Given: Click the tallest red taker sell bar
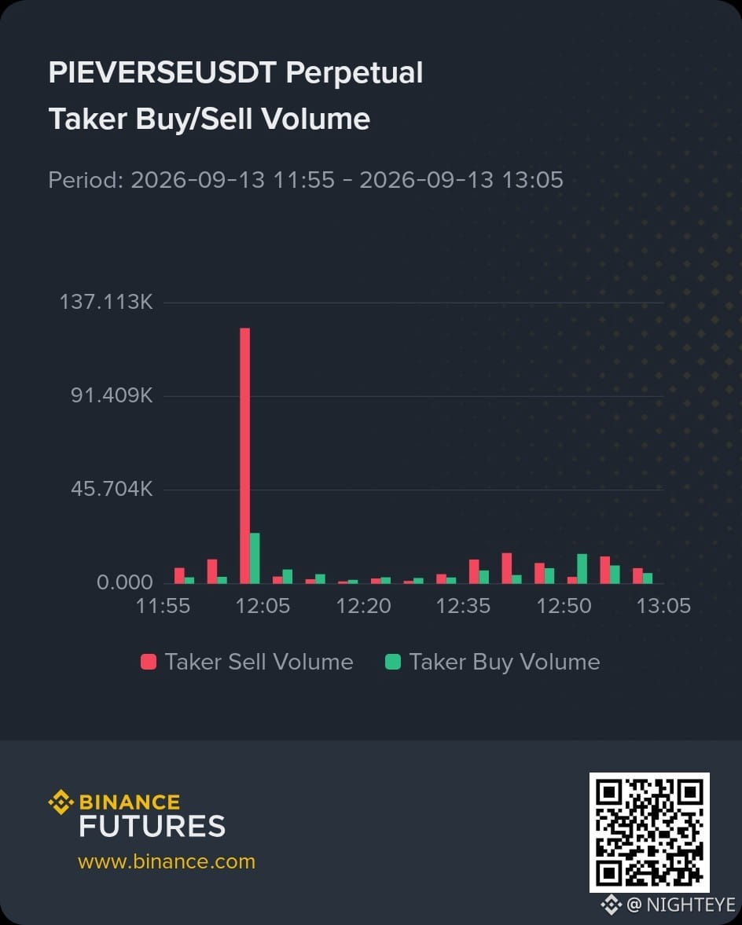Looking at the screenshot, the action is (x=244, y=455).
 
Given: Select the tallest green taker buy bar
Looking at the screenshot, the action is (x=255, y=558).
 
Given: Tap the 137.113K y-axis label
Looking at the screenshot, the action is (x=106, y=302).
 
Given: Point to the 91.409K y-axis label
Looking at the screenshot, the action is (x=112, y=395).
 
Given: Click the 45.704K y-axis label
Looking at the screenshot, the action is (x=112, y=489).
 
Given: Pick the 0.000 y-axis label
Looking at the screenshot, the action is (x=125, y=583).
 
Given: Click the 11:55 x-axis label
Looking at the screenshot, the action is (x=163, y=606).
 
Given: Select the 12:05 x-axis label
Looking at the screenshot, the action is (x=263, y=606).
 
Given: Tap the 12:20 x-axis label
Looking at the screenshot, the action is (x=363, y=606).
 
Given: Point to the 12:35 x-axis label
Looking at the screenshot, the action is (x=463, y=606).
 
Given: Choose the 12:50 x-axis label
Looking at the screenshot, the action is (x=564, y=606).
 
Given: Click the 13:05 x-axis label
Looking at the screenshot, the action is (x=663, y=606).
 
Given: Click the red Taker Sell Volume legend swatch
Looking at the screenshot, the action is (x=149, y=662).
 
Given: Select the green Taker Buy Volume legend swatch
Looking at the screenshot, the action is (x=393, y=662).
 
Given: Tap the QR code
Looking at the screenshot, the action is (x=649, y=832).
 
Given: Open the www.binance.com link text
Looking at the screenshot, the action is (x=167, y=861).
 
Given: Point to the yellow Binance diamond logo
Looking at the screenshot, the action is (x=61, y=802).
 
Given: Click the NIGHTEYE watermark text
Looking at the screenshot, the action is (x=691, y=905).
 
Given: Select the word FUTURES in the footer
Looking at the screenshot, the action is (x=152, y=827).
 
